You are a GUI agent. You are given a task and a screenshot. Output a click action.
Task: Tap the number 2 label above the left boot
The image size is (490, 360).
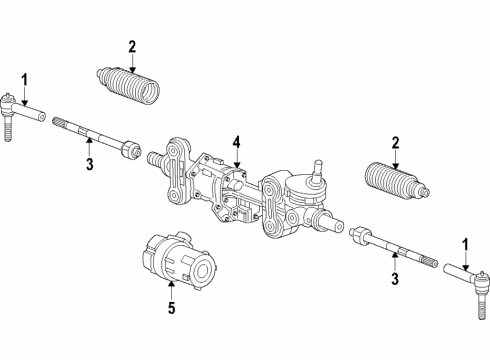point(131,45)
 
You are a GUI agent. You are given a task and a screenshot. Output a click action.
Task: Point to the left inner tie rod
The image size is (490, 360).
point(95,137)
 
